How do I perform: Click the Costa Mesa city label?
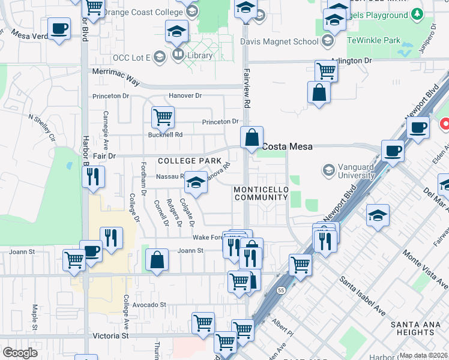(287, 146)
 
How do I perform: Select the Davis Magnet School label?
(279, 41)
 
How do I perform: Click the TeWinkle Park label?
(373, 41)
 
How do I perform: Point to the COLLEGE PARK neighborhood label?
(185, 161)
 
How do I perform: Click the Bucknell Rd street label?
(165, 135)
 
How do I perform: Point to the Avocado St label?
(149, 305)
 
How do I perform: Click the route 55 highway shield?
(282, 290)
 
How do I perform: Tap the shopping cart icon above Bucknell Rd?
(163, 118)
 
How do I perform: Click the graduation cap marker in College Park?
(196, 182)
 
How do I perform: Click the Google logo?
(20, 353)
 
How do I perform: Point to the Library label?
(199, 55)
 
